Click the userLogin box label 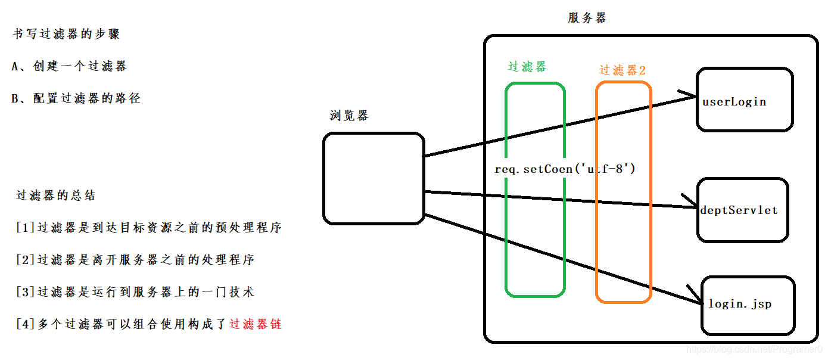734,102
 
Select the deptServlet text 739,210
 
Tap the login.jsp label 739,304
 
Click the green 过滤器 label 527,67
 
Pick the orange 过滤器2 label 622,70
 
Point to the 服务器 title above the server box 587,18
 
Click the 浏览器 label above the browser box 349,116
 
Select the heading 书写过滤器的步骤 67,34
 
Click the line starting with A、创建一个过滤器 69,66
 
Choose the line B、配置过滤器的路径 76,98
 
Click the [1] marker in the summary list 27,228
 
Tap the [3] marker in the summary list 27,292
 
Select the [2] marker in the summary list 27,260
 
